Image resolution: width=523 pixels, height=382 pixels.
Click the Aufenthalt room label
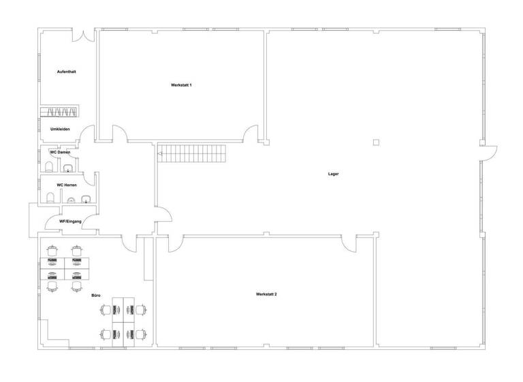click(x=66, y=72)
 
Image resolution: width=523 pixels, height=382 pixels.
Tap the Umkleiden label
click(x=61, y=129)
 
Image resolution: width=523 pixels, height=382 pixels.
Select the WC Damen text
click(x=61, y=152)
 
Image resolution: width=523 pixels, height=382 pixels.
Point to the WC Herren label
click(x=67, y=185)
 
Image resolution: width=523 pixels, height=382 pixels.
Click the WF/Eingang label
click(x=71, y=221)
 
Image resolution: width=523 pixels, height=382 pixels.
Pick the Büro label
click(x=96, y=295)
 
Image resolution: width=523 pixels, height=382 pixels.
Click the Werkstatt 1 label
click(x=181, y=85)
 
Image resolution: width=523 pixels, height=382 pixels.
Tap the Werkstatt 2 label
click(x=266, y=294)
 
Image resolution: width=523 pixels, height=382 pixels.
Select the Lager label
click(x=333, y=174)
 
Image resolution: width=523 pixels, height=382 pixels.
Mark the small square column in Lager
click(x=375, y=142)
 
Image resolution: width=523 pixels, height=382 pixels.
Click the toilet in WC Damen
click(x=50, y=167)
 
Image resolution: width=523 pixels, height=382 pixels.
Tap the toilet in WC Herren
click(x=50, y=198)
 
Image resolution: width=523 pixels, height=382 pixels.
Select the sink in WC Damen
click(x=68, y=168)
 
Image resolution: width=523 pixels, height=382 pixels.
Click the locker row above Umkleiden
click(x=59, y=112)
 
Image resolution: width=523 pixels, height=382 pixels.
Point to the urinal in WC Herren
click(x=70, y=201)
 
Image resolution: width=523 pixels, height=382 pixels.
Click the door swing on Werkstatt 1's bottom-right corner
click(x=252, y=134)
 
